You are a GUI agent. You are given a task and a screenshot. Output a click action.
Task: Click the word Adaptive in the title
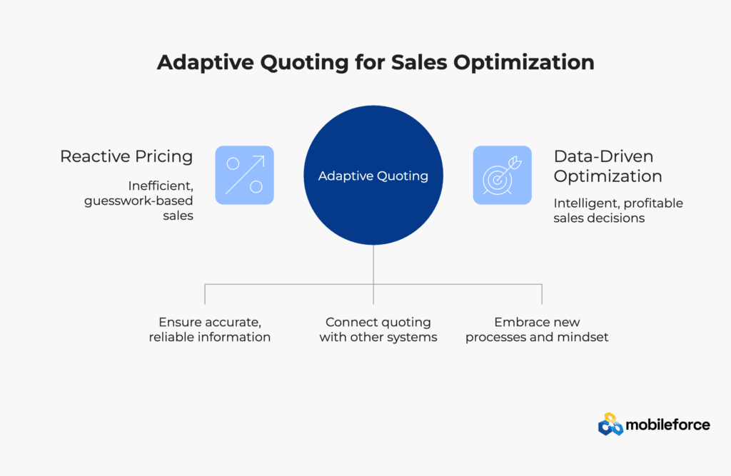pyautogui.click(x=206, y=63)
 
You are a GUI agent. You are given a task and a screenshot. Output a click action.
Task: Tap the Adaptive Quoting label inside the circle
pyautogui.click(x=373, y=176)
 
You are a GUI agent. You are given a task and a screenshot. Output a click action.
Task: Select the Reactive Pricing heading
pyautogui.click(x=126, y=157)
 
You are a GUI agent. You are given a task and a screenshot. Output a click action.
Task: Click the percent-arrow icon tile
pyautogui.click(x=244, y=176)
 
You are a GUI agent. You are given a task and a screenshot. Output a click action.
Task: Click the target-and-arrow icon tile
pyautogui.click(x=502, y=176)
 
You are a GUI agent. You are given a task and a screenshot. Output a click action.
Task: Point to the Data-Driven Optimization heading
pyautogui.click(x=608, y=166)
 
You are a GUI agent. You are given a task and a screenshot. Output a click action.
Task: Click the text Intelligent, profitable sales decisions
pyautogui.click(x=618, y=211)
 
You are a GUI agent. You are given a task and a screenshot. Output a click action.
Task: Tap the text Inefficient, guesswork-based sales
pyautogui.click(x=138, y=201)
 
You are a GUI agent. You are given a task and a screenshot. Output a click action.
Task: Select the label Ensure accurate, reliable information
pyautogui.click(x=210, y=330)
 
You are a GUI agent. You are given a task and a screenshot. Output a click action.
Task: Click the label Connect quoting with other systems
pyautogui.click(x=378, y=330)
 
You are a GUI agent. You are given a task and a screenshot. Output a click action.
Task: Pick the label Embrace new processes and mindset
pyautogui.click(x=537, y=330)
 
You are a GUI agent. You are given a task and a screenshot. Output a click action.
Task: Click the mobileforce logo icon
pyautogui.click(x=610, y=424)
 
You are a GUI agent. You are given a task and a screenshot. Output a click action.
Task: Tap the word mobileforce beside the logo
pyautogui.click(x=667, y=425)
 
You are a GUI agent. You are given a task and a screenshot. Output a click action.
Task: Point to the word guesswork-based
pyautogui.click(x=138, y=201)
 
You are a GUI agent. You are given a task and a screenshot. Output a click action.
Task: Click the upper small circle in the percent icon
pyautogui.click(x=233, y=163)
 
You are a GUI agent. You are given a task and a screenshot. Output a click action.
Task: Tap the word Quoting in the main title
pyautogui.click(x=304, y=64)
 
